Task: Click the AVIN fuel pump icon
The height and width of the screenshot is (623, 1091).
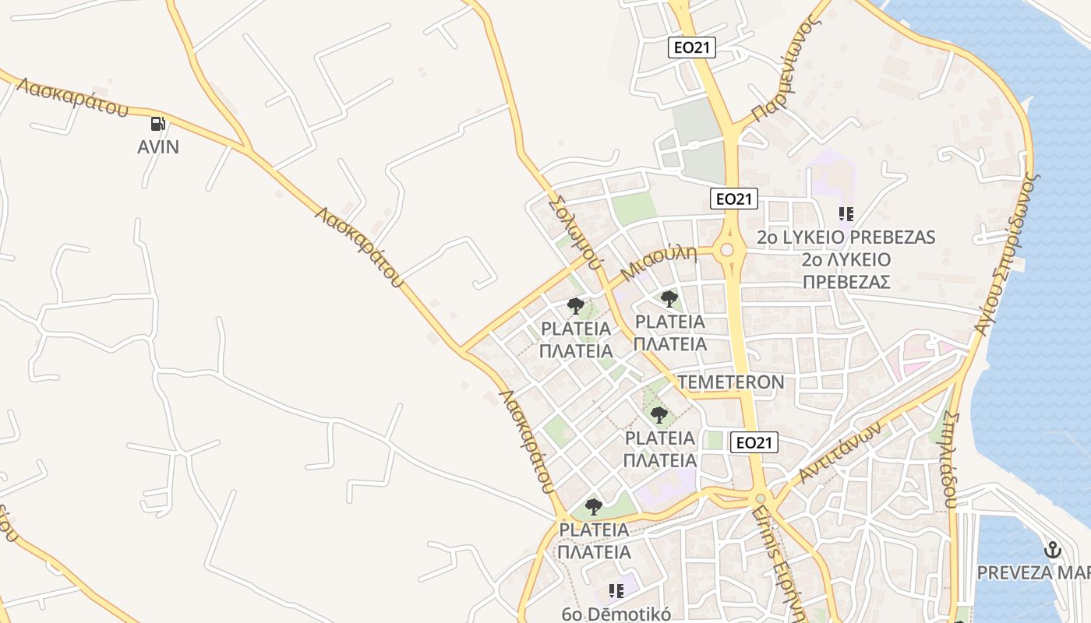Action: click(157, 123)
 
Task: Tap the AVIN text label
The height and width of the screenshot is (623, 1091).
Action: click(158, 146)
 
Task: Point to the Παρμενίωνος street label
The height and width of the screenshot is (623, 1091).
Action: click(787, 70)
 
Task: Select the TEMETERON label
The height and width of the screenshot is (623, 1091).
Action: click(731, 382)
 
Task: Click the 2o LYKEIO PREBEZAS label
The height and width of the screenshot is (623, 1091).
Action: click(846, 237)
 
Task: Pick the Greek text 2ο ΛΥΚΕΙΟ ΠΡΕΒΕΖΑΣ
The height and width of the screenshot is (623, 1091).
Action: click(846, 270)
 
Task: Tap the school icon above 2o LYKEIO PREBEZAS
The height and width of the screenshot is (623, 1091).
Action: click(846, 213)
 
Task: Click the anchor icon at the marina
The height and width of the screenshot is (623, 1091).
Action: click(1053, 550)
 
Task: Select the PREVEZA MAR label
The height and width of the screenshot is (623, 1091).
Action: click(1033, 572)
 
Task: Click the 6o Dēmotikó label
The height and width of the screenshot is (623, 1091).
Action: click(616, 614)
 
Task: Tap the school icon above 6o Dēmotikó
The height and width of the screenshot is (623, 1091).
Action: click(616, 591)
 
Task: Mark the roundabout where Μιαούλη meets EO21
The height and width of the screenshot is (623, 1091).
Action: click(728, 250)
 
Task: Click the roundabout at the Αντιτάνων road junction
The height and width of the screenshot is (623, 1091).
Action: click(761, 498)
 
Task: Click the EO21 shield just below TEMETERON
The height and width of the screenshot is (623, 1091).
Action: click(755, 443)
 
